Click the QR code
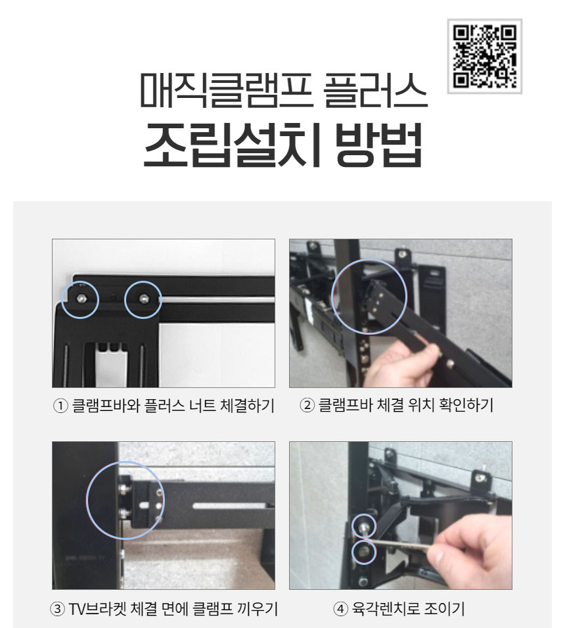click(x=485, y=57)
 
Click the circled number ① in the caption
click(x=60, y=406)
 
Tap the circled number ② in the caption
click(x=307, y=405)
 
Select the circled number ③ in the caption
click(x=57, y=609)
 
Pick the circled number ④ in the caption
click(x=340, y=609)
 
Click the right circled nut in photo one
click(x=143, y=299)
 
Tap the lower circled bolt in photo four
click(x=364, y=552)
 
